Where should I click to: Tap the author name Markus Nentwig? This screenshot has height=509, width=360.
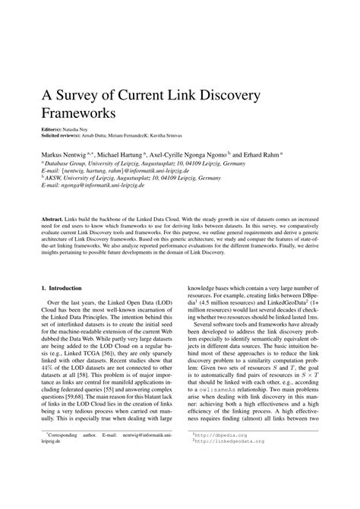[x=65, y=153]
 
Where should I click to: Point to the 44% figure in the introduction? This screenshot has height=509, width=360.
[x=44, y=376]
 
